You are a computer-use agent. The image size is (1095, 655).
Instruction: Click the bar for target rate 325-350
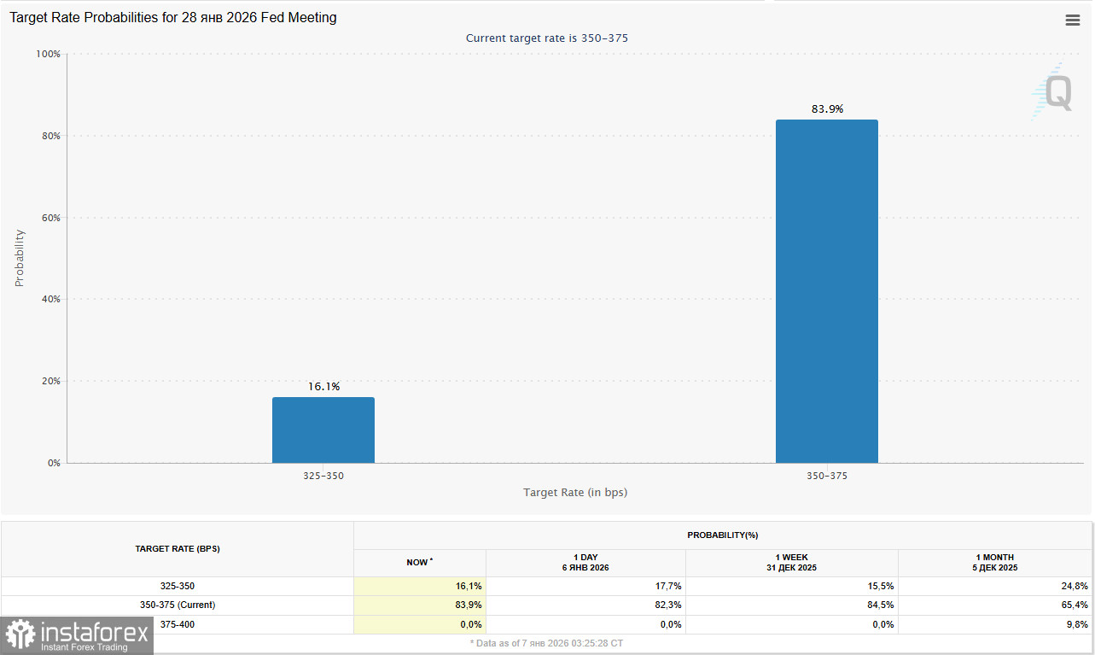pyautogui.click(x=323, y=430)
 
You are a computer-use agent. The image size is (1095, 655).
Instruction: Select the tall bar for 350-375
pyautogui.click(x=826, y=291)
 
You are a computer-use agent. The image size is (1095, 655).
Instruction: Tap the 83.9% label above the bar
pyautogui.click(x=826, y=108)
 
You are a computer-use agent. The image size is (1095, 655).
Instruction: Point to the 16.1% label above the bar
pyautogui.click(x=323, y=387)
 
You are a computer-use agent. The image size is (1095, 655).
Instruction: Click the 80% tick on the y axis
pyautogui.click(x=48, y=136)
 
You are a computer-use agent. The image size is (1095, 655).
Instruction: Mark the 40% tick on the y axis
pyautogui.click(x=48, y=299)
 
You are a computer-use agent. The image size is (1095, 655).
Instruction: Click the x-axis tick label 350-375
pyautogui.click(x=826, y=476)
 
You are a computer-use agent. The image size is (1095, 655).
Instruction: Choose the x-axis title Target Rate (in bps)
pyautogui.click(x=575, y=493)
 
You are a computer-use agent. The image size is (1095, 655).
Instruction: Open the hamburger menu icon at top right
pyautogui.click(x=1073, y=20)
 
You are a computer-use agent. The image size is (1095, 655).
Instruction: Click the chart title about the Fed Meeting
pyautogui.click(x=173, y=18)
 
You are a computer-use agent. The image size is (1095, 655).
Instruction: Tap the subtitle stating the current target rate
pyautogui.click(x=547, y=38)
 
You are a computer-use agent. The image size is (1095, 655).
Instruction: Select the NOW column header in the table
pyautogui.click(x=419, y=562)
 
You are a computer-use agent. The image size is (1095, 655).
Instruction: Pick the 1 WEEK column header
pyautogui.click(x=791, y=562)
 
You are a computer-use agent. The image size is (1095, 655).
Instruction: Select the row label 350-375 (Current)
pyautogui.click(x=178, y=605)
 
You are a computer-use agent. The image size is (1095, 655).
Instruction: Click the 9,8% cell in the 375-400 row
pyautogui.click(x=1075, y=624)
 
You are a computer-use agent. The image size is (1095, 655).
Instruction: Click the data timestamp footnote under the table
pyautogui.click(x=547, y=642)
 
